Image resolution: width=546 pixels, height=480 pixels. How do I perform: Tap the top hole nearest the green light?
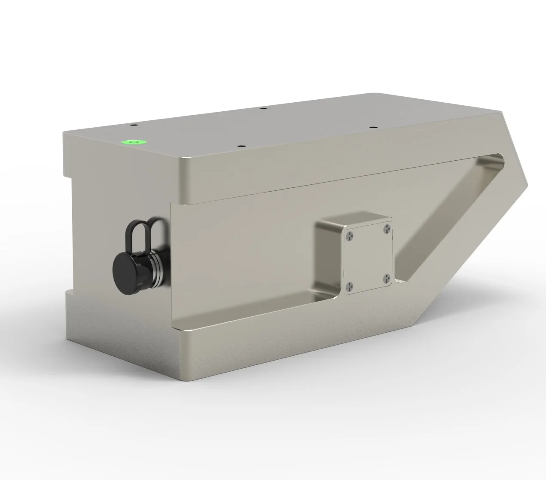[x=133, y=125]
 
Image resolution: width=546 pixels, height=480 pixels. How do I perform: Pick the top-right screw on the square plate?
[x=386, y=228]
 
